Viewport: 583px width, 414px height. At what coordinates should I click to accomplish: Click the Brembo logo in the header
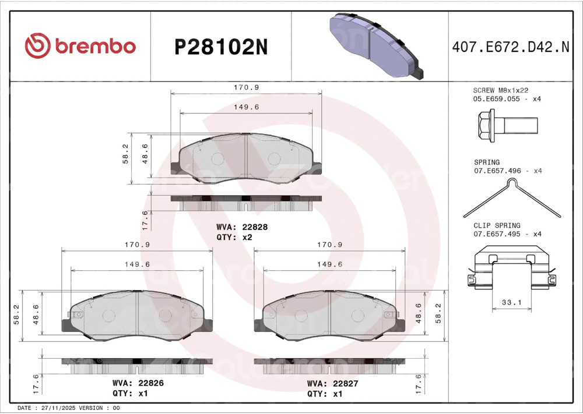pos(80,45)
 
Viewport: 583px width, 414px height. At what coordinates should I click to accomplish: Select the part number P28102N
pos(221,48)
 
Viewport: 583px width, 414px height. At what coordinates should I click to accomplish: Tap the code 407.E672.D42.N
pos(511,47)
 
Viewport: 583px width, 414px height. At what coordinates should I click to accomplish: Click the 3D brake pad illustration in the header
pos(376,46)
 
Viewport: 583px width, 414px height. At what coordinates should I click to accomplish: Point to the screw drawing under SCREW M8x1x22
pos(508,126)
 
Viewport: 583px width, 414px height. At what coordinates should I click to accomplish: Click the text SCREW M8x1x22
pos(500,90)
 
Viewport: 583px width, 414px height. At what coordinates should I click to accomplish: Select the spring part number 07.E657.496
pos(497,171)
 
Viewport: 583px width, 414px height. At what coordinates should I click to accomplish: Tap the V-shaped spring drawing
pos(512,198)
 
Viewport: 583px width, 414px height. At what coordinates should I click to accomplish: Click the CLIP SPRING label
pos(497,225)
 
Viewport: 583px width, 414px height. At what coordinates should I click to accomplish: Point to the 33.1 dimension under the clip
pos(512,302)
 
